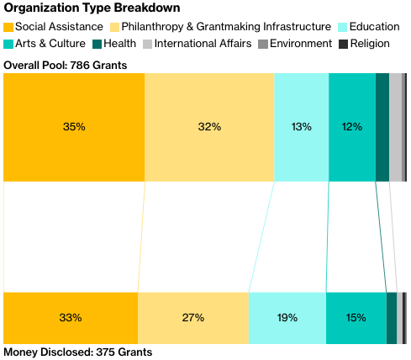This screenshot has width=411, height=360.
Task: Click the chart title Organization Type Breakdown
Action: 92,8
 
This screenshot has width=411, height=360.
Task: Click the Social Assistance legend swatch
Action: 8,27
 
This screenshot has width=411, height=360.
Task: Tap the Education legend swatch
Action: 342,27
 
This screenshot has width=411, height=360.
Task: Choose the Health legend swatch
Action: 97,44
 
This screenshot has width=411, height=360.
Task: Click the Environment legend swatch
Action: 263,44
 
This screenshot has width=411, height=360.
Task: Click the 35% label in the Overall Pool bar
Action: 74,127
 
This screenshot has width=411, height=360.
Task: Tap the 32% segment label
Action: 209,127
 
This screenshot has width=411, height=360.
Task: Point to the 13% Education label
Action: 302,127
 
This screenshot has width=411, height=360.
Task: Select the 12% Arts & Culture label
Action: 352,127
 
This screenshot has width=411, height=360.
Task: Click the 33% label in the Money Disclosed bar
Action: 71,318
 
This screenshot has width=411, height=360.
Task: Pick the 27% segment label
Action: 193,318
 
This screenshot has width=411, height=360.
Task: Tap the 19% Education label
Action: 287,318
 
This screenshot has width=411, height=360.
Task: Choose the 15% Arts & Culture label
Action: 356,318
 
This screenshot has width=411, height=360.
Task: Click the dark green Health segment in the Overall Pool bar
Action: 382,127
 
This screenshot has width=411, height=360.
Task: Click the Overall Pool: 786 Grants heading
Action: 66,66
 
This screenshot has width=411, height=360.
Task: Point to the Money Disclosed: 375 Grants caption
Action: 78,352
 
